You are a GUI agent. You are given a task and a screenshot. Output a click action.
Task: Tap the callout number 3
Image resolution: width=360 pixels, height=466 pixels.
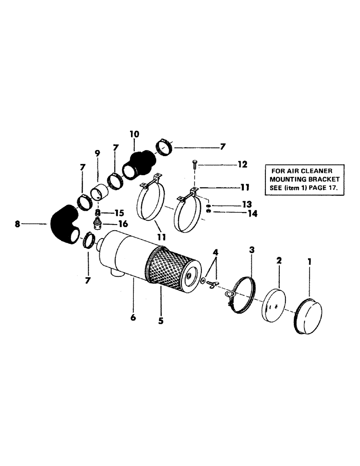252,250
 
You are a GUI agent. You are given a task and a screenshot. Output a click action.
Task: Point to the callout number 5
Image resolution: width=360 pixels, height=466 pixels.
160,321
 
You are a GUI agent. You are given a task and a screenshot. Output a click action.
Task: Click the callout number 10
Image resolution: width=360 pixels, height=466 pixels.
134,134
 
